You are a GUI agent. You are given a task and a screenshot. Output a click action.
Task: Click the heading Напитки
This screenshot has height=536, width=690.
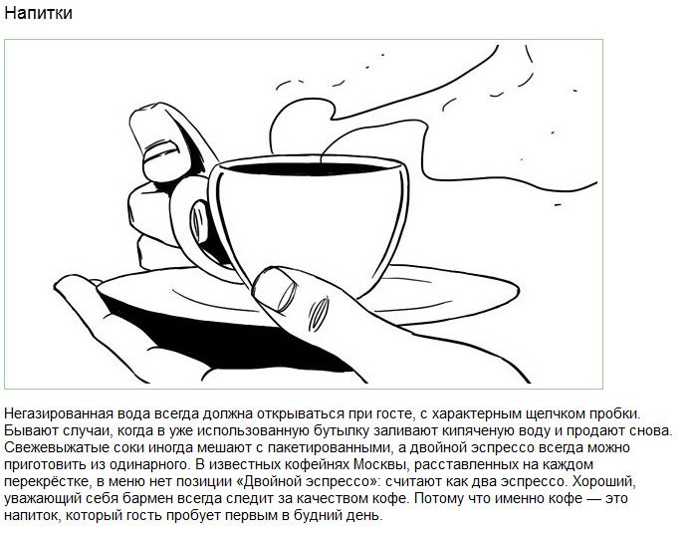tap(38, 13)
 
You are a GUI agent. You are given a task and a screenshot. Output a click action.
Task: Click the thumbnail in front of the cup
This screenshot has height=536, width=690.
tap(274, 289)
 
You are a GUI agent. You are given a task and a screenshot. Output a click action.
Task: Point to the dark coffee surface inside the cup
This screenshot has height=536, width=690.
tap(307, 167)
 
